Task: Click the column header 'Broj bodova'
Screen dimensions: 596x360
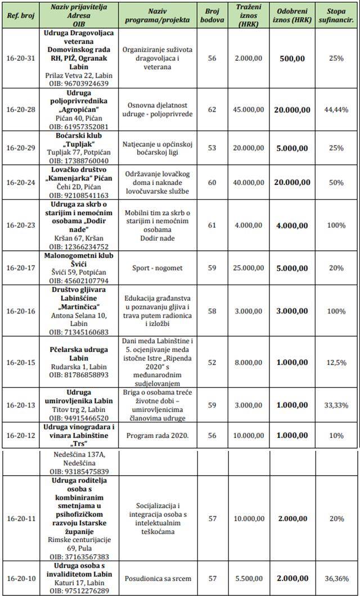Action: click(x=212, y=15)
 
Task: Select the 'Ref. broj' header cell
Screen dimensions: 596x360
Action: click(x=20, y=15)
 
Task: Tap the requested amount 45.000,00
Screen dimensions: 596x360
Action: click(x=248, y=110)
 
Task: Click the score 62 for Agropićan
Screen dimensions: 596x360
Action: click(x=212, y=110)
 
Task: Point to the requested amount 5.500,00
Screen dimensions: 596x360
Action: click(x=248, y=577)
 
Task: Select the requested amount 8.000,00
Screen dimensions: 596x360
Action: click(x=248, y=362)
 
